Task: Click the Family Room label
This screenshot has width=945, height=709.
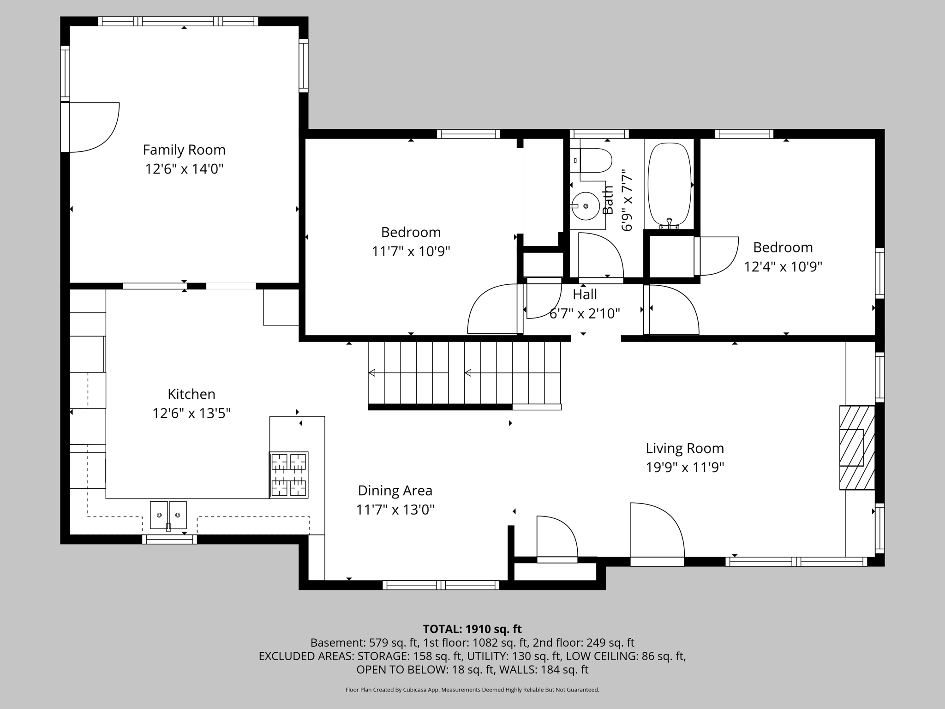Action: click(x=184, y=150)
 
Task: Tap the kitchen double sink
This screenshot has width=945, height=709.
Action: click(x=168, y=515)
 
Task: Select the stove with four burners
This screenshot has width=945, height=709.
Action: click(x=289, y=475)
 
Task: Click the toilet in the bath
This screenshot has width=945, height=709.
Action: click(x=595, y=160)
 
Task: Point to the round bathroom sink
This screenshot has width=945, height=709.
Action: click(x=586, y=206)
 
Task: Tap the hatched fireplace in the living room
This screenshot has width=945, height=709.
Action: click(x=857, y=447)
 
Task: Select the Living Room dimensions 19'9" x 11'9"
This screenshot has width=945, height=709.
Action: click(x=685, y=468)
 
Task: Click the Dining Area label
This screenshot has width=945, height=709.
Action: click(x=395, y=490)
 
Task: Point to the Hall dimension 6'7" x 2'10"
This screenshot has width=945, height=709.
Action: click(x=585, y=314)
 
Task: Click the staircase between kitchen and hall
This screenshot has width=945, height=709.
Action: click(x=464, y=373)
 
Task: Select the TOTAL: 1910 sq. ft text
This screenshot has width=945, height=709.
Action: click(x=472, y=629)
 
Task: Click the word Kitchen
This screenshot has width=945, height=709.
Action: click(x=191, y=394)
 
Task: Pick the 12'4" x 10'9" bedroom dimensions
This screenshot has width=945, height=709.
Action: click(x=783, y=267)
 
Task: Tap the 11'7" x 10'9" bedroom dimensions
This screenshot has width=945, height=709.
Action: click(x=411, y=252)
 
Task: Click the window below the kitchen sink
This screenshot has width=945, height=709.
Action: click(x=169, y=539)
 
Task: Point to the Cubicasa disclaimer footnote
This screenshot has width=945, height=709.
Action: click(x=472, y=690)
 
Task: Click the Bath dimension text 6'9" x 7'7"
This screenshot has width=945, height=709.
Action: click(x=626, y=200)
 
